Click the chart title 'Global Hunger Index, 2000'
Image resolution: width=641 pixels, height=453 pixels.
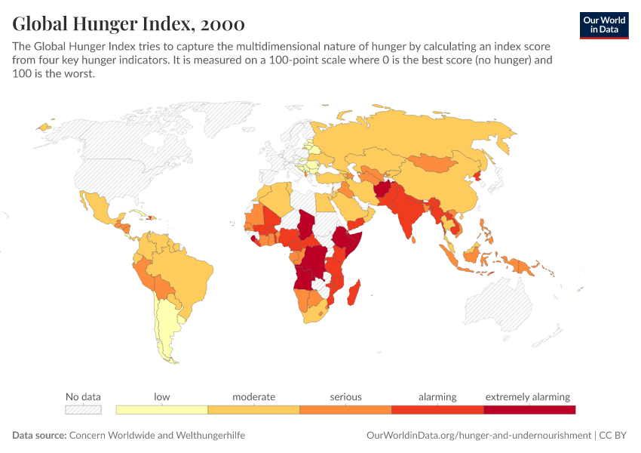[x=128, y=24]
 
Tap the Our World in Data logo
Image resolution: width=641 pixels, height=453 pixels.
[x=603, y=25]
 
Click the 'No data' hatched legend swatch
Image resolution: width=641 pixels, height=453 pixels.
[x=83, y=410]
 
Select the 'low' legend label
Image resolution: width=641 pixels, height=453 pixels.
[x=161, y=396]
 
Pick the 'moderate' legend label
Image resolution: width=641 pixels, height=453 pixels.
[x=253, y=396]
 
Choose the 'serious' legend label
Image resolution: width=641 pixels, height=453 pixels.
[x=345, y=396]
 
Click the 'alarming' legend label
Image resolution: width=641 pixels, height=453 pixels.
[x=437, y=396]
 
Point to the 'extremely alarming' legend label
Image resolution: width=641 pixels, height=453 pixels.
[x=528, y=396]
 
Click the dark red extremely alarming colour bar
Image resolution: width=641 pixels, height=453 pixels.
[x=529, y=410]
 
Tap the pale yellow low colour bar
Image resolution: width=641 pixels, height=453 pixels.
[x=161, y=410]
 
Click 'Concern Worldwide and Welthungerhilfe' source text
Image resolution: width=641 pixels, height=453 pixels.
[x=157, y=436]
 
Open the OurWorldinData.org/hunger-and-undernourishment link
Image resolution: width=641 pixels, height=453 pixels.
[x=478, y=436]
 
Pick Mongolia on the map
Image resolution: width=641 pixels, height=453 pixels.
[x=437, y=163]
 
